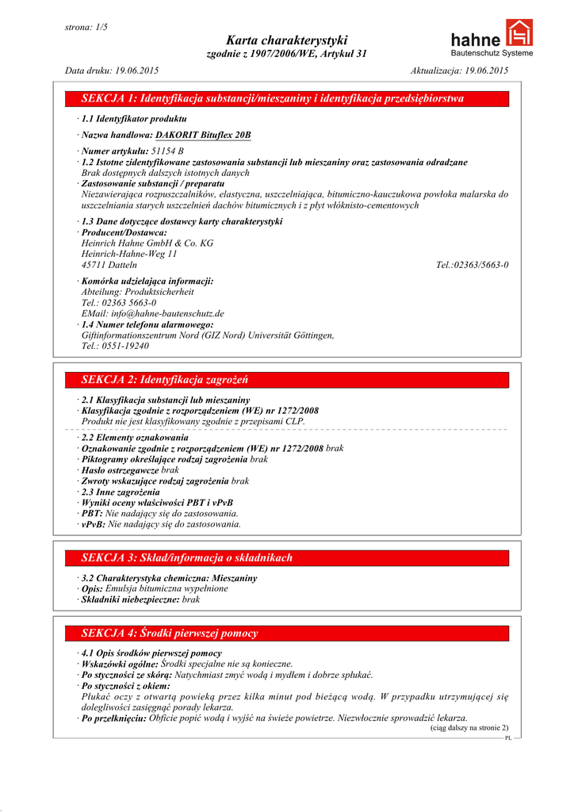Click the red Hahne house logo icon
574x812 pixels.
[519, 33]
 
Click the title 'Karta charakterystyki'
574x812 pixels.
[286, 40]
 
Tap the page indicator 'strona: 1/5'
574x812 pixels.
[86, 27]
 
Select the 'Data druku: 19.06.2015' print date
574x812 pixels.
[111, 71]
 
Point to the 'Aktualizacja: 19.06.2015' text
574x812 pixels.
[459, 71]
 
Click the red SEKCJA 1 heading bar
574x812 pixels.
[287, 99]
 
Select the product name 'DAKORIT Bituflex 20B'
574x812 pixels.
[203, 135]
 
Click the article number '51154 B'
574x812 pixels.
[167, 150]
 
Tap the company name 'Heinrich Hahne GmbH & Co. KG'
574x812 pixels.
[147, 243]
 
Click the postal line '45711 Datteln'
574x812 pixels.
[109, 265]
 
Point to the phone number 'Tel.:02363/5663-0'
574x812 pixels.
[472, 265]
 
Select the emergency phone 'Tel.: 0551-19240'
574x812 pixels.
[115, 346]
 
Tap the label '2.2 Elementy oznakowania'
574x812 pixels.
[135, 437]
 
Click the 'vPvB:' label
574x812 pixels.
[93, 524]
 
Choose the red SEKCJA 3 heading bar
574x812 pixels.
[287, 557]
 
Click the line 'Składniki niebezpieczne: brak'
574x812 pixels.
[140, 600]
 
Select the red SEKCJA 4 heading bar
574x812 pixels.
[287, 633]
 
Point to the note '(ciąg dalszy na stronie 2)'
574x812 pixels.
[469, 727]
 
